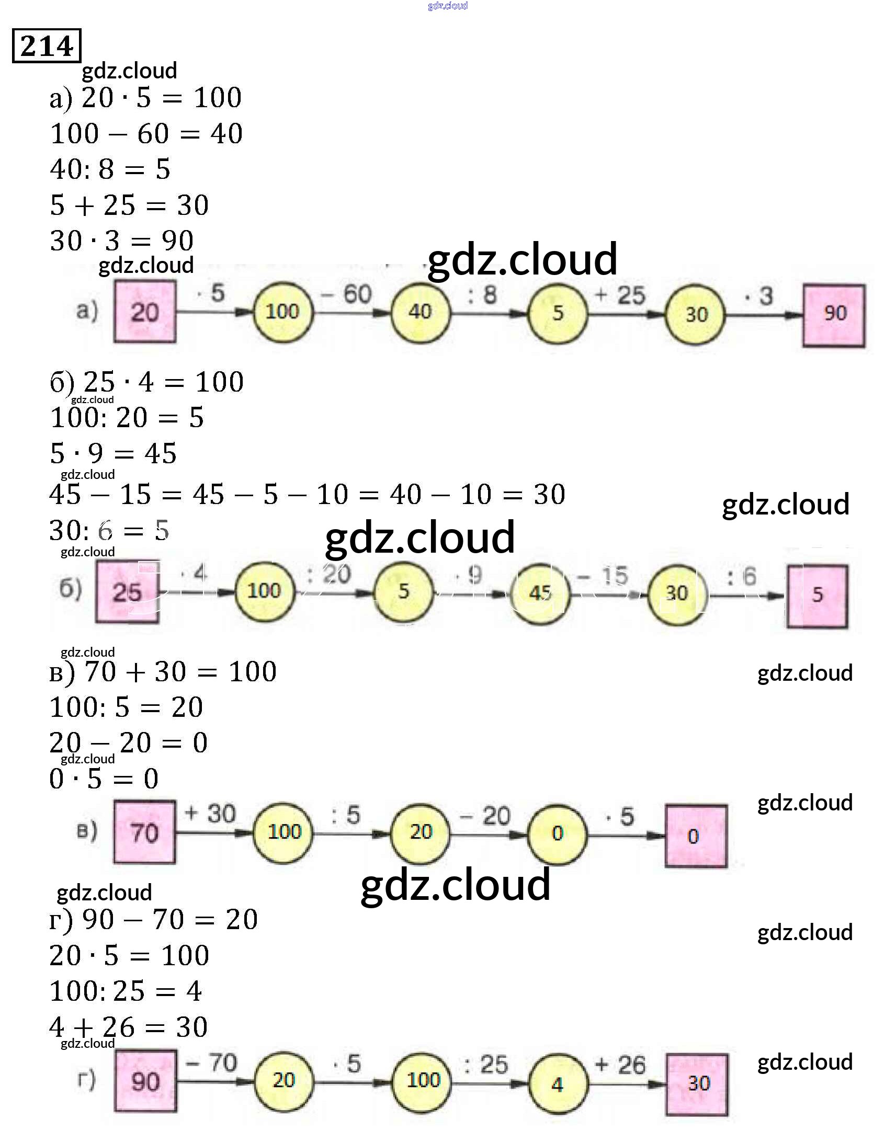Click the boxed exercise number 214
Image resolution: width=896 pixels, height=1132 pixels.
point(46,46)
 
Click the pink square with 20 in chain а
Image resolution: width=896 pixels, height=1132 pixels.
point(145,312)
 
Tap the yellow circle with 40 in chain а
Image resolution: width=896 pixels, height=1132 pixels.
point(420,313)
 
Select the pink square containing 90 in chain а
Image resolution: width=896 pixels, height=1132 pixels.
point(834,315)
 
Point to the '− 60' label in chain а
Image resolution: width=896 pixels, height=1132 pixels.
point(347,294)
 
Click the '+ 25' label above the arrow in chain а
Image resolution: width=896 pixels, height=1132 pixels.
point(620,296)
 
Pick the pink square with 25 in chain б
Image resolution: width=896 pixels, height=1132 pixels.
point(127,591)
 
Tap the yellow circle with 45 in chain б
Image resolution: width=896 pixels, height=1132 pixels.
point(540,593)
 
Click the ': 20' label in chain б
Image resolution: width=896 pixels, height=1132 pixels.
point(329,574)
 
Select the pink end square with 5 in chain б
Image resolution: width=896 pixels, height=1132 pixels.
point(818,595)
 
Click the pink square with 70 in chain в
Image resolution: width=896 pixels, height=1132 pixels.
point(145,832)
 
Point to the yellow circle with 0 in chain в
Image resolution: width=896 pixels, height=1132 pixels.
point(557,833)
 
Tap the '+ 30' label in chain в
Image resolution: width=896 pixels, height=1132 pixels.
point(210,814)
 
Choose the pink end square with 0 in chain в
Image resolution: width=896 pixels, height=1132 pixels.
point(696,836)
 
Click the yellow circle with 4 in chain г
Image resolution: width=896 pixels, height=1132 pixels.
point(558,1084)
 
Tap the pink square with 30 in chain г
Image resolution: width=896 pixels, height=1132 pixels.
point(697,1083)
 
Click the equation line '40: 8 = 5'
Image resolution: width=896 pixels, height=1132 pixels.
point(110,169)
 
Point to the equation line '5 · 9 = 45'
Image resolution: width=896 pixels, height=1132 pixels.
point(114,453)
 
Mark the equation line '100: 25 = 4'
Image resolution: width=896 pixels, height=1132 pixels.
point(126,991)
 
